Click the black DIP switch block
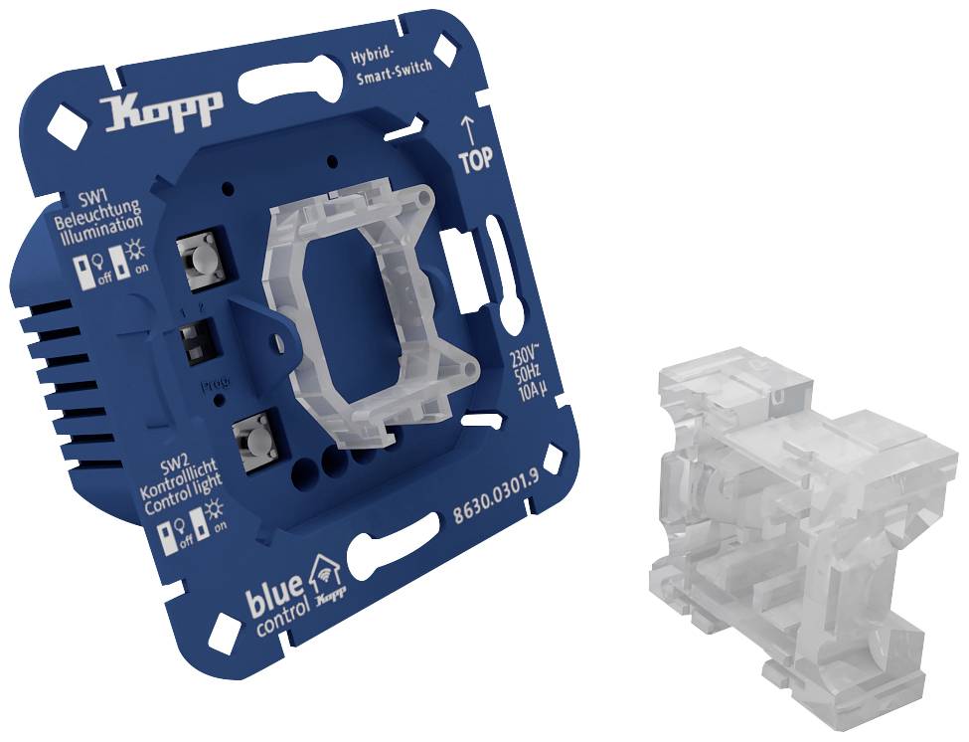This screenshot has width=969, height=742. pyautogui.click(x=194, y=341)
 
